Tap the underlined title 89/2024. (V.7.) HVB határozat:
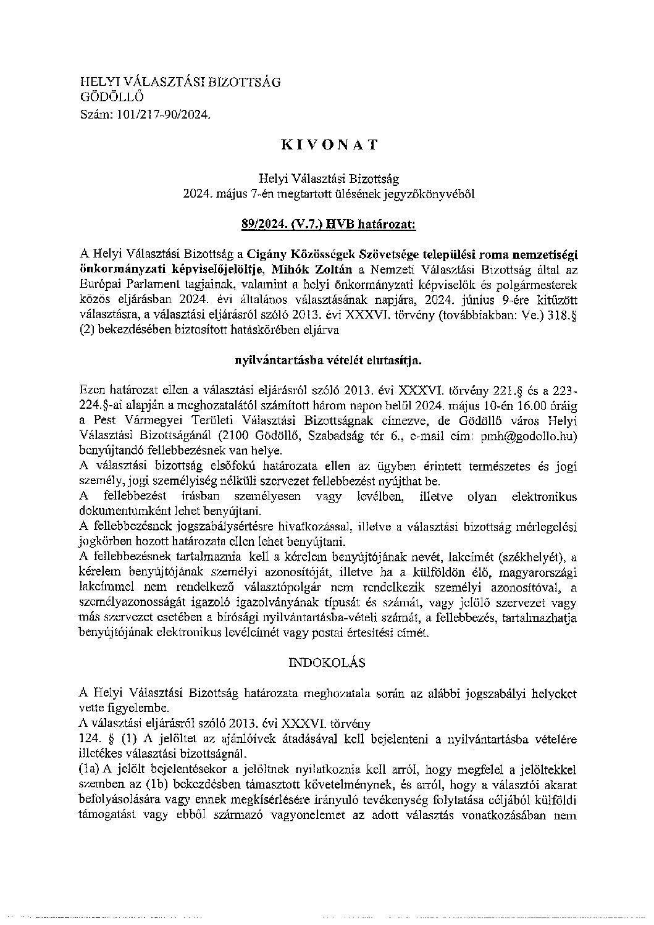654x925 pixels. click(329, 225)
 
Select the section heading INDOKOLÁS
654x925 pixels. click(327, 663)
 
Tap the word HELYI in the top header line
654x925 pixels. click(98, 82)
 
